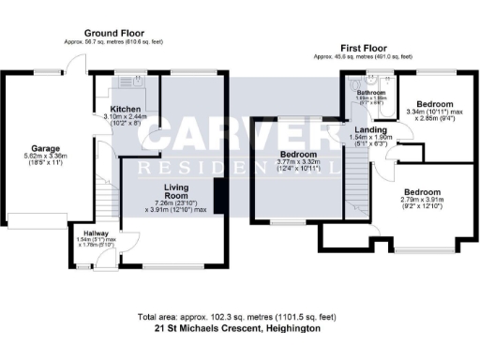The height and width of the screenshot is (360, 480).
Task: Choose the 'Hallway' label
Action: coord(97,232)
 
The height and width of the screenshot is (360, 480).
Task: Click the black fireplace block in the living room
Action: coord(217,196)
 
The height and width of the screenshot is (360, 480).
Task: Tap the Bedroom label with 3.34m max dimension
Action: coord(435,103)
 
